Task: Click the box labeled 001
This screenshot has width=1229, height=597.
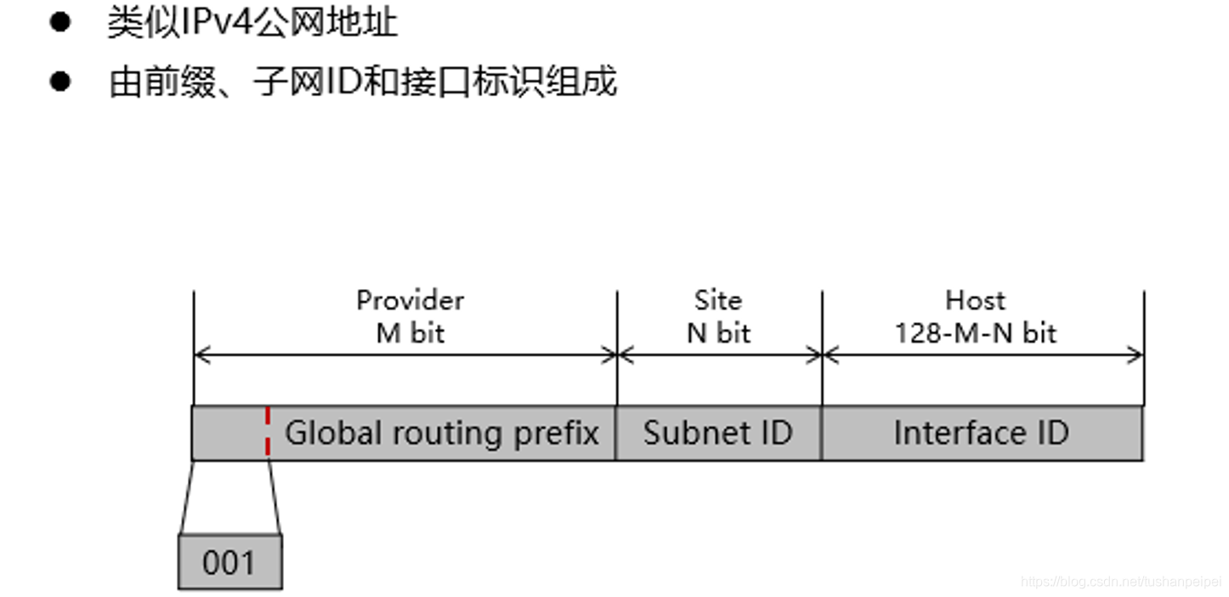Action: pyautogui.click(x=229, y=562)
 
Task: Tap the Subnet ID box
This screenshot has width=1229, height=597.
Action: pyautogui.click(x=718, y=433)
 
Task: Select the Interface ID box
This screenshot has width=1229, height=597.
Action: pyautogui.click(x=982, y=433)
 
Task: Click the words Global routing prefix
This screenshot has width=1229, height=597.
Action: pyautogui.click(x=441, y=433)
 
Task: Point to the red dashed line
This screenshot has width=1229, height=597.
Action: pyautogui.click(x=268, y=432)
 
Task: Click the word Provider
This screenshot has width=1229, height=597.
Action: pyautogui.click(x=410, y=300)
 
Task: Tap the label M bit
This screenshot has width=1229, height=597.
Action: pyautogui.click(x=411, y=333)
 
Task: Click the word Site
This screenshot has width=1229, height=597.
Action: pyautogui.click(x=718, y=300)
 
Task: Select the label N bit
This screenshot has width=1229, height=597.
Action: pyautogui.click(x=719, y=333)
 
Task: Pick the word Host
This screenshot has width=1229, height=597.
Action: pyautogui.click(x=975, y=300)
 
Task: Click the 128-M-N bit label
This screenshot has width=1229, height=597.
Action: pyautogui.click(x=975, y=333)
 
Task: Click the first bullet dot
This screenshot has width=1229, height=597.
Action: pyautogui.click(x=59, y=23)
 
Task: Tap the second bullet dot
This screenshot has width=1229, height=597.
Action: pyautogui.click(x=59, y=82)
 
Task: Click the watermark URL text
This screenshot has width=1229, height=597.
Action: pyautogui.click(x=1120, y=582)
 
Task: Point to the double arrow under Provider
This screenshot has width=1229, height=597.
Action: pyautogui.click(x=405, y=355)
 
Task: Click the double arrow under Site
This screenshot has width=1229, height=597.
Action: pyautogui.click(x=719, y=355)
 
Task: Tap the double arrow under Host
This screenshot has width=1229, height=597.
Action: pyautogui.click(x=983, y=355)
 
